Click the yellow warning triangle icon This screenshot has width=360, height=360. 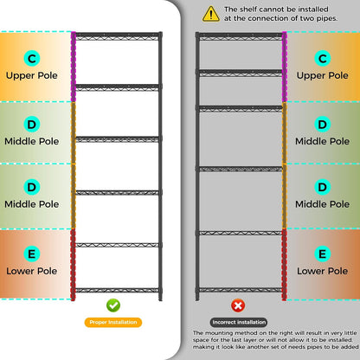(211, 14)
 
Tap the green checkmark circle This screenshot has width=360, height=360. (113, 305)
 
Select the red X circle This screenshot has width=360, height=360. (238, 305)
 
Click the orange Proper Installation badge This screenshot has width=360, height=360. (113, 322)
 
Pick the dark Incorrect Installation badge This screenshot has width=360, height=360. (239, 322)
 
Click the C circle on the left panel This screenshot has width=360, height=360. (32, 58)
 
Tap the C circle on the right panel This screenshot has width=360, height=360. (323, 58)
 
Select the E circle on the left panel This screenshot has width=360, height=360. (32, 254)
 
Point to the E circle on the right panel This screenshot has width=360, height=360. (323, 254)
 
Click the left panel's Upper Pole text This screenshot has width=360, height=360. (32, 75)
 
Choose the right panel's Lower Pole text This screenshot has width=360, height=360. (323, 271)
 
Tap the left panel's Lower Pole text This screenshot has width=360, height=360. (32, 271)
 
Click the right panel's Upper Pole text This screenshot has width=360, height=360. (323, 75)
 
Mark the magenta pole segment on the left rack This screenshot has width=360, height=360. (74, 67)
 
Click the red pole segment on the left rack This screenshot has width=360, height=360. (73, 265)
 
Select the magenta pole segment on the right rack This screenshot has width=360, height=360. (285, 67)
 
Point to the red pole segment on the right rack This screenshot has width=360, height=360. (284, 265)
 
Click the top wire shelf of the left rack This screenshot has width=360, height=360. (117, 36)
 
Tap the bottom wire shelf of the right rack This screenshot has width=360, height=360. (241, 290)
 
